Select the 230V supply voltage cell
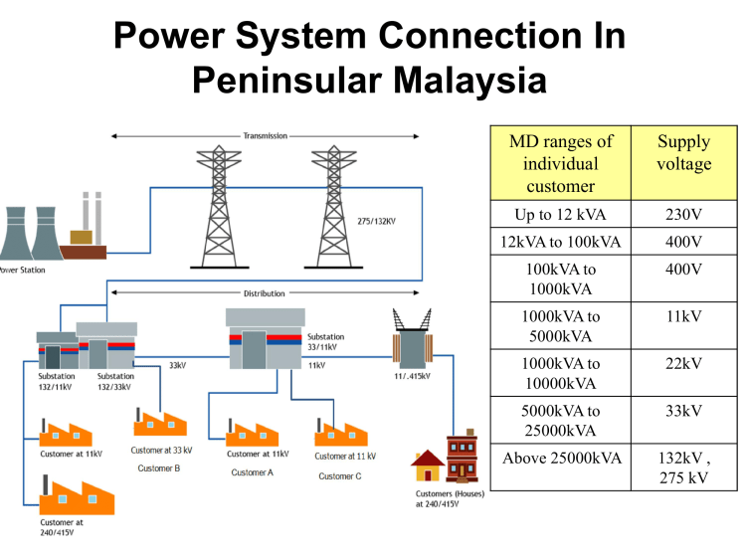pyautogui.click(x=683, y=215)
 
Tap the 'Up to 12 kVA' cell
pyautogui.click(x=560, y=215)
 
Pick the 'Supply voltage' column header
pyautogui.click(x=683, y=153)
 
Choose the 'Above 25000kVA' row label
pyautogui.click(x=560, y=458)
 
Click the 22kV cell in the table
pyautogui.click(x=683, y=364)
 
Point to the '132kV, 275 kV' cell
pyautogui.click(x=683, y=467)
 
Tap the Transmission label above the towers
pyautogui.click(x=266, y=135)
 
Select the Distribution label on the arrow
pyautogui.click(x=264, y=293)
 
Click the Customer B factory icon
pyautogui.click(x=160, y=425)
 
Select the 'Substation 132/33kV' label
pyautogui.click(x=115, y=382)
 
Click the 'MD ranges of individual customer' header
pyautogui.click(x=560, y=163)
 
